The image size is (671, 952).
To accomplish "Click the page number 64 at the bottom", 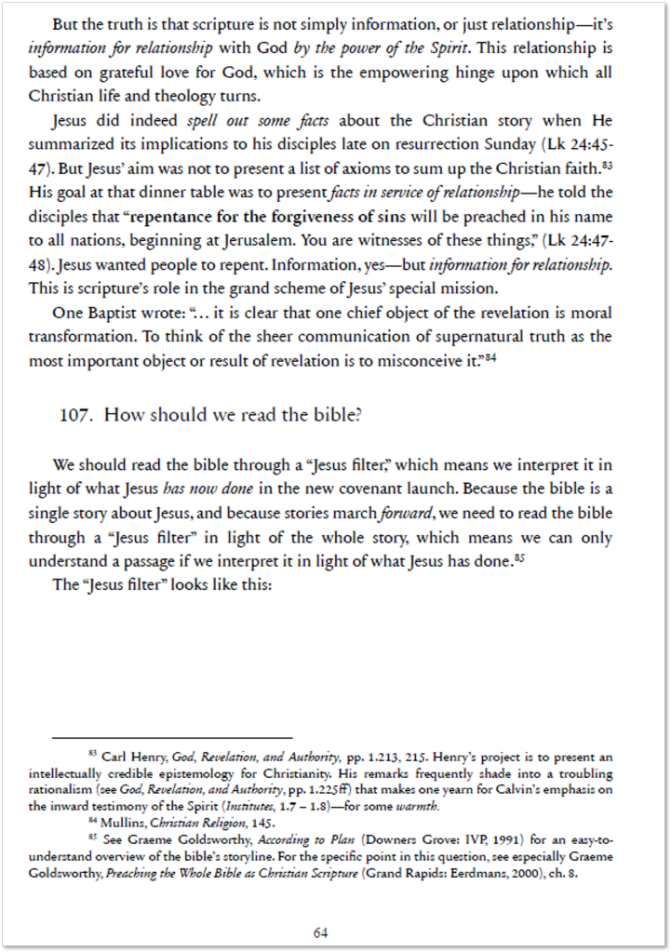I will pos(321,932).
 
